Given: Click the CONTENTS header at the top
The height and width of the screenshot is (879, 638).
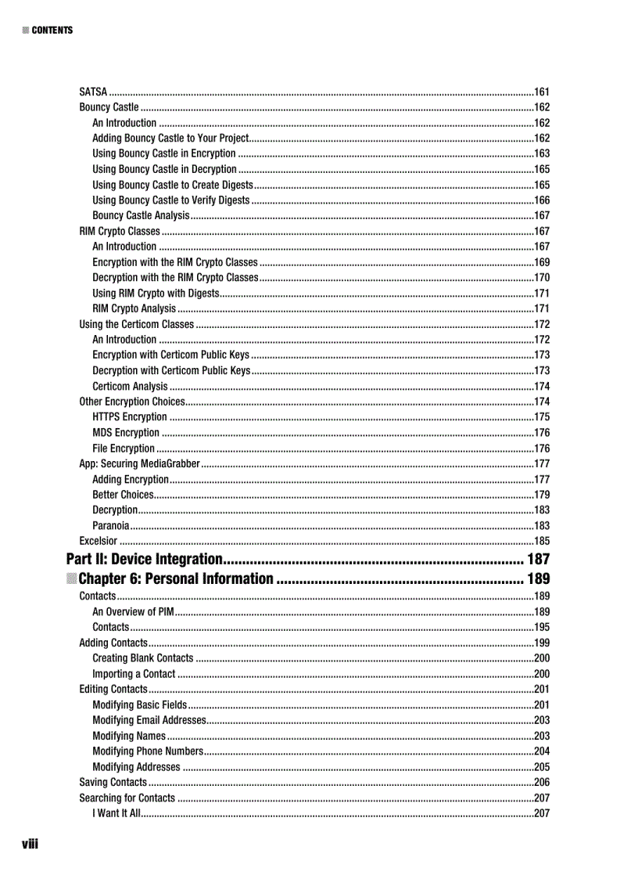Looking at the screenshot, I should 52,31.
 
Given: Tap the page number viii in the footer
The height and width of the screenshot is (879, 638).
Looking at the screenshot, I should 30,844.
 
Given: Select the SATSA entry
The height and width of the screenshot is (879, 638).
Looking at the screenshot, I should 94,92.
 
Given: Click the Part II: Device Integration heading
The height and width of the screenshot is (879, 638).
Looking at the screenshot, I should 145,559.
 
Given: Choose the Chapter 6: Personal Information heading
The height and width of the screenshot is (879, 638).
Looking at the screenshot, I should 176,579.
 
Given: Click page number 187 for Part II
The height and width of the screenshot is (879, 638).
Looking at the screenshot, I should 538,559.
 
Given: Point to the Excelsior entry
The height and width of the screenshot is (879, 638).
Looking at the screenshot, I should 99,541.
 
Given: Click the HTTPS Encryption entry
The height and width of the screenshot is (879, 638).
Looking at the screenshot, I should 130,417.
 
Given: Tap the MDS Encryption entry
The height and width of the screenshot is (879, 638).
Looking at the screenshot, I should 126,433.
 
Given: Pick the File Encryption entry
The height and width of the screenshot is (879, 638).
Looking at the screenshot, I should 124,449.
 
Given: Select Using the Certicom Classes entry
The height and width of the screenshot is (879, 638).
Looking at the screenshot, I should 137,324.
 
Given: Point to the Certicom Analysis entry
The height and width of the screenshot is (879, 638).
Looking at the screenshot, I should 130,386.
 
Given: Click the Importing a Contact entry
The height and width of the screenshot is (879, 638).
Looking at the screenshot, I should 134,674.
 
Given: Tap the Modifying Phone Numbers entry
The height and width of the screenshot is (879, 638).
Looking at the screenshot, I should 148,751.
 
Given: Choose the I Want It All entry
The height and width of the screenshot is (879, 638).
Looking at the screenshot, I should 116,813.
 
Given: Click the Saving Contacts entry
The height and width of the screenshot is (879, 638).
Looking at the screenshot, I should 113,782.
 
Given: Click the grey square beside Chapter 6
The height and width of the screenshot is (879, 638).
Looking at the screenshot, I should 71,579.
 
